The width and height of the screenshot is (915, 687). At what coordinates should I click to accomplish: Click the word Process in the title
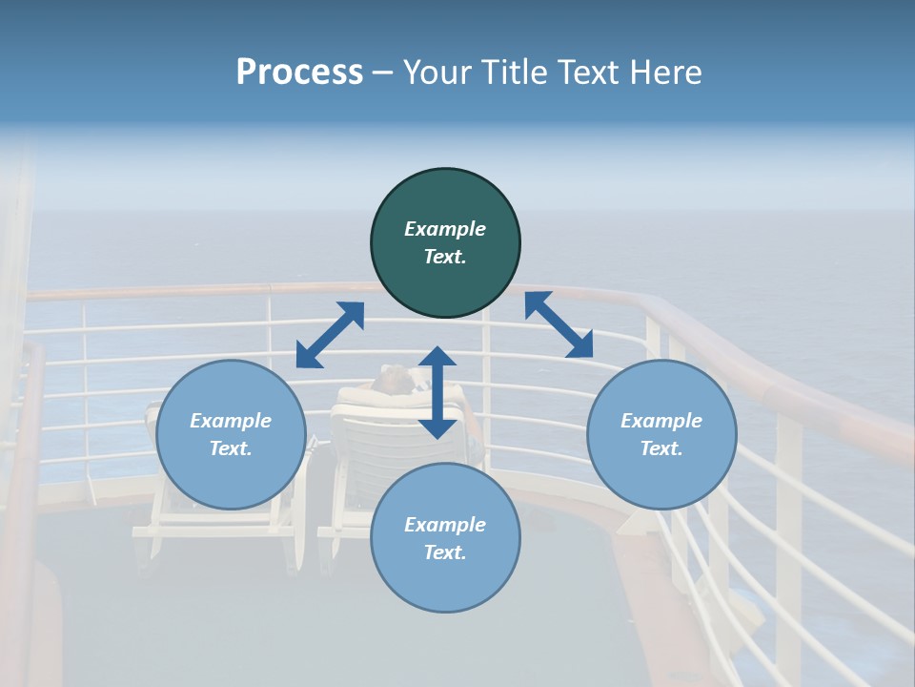[299, 73]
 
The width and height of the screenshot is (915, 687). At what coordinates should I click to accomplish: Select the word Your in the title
[437, 73]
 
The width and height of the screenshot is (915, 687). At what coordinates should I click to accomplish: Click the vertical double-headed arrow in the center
[437, 392]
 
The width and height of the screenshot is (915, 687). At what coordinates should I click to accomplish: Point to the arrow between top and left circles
[330, 334]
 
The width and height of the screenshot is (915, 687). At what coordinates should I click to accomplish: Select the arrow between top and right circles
[559, 324]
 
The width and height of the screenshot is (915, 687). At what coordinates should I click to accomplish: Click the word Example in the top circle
[445, 229]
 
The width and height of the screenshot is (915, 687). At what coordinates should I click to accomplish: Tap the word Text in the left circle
[231, 448]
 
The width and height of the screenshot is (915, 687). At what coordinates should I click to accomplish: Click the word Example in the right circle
[661, 421]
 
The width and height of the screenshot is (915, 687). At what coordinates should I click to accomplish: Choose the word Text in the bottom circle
[445, 552]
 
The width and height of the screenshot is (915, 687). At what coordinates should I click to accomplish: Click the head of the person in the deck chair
[393, 379]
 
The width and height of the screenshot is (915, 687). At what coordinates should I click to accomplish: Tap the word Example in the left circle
[231, 421]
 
